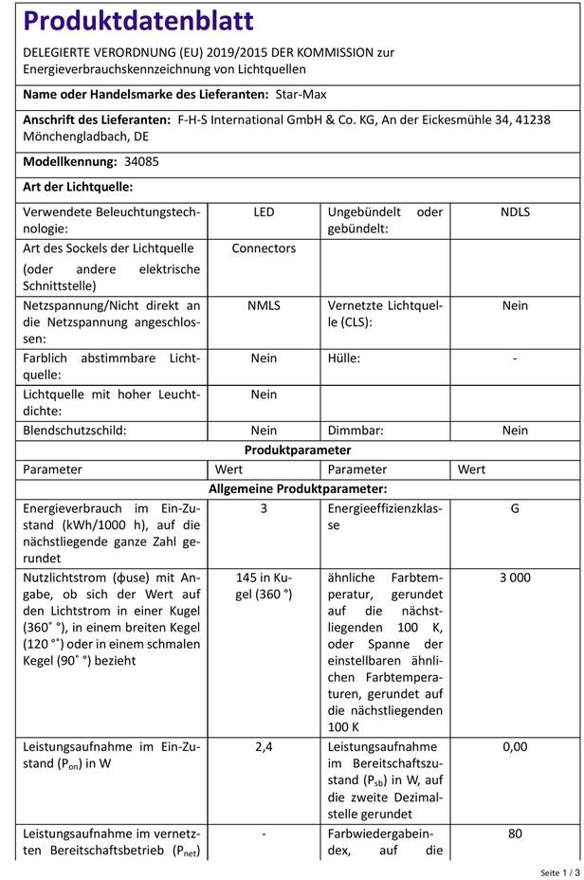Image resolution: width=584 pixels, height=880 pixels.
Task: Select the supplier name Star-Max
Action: click(x=301, y=94)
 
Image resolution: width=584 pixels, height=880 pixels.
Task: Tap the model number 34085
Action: click(x=141, y=161)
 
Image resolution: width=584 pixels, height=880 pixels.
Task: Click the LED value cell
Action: click(x=264, y=212)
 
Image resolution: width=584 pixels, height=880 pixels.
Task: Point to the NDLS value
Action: click(x=515, y=212)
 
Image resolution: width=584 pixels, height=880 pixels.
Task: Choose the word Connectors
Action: click(x=264, y=248)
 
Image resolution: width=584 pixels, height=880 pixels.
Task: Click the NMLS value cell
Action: click(x=264, y=305)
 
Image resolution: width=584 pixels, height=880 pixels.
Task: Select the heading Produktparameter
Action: click(x=298, y=449)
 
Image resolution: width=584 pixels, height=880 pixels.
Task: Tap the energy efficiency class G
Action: click(x=515, y=508)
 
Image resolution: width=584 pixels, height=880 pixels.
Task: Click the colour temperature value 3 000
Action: click(x=515, y=577)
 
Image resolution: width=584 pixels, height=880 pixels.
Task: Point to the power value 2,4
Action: click(x=264, y=746)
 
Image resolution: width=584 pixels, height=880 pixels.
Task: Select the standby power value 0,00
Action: click(x=515, y=746)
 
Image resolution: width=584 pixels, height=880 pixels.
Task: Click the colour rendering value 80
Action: click(x=515, y=834)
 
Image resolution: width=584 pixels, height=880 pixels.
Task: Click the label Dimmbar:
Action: click(x=356, y=431)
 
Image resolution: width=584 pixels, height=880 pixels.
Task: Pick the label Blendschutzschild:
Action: click(x=88, y=431)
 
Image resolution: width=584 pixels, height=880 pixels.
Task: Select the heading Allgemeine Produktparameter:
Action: click(x=298, y=488)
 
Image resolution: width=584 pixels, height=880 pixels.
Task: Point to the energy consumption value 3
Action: click(x=264, y=508)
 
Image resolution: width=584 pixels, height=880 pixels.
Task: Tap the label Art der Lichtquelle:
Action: click(x=78, y=188)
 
